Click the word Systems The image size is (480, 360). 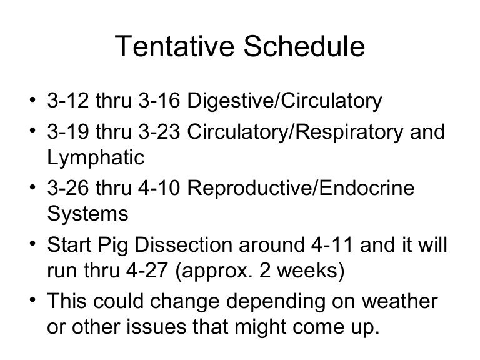[x=87, y=213]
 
